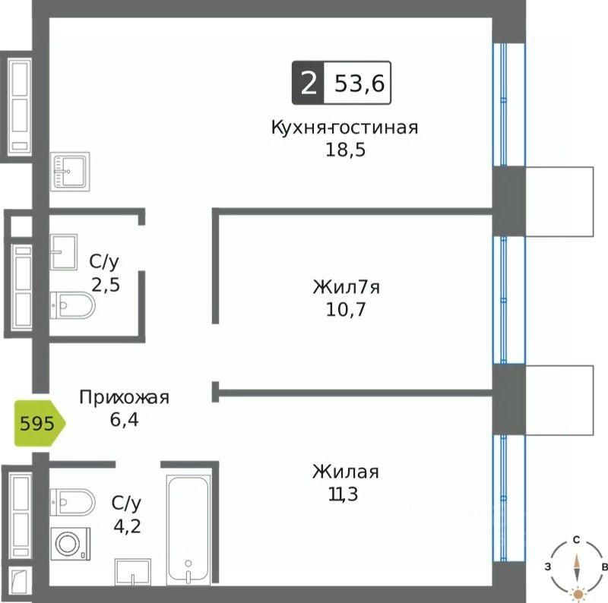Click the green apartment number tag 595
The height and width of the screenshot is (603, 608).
pyautogui.click(x=39, y=423)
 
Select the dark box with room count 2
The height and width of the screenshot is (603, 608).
pyautogui.click(x=308, y=84)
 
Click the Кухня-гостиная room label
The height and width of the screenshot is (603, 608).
pyautogui.click(x=344, y=127)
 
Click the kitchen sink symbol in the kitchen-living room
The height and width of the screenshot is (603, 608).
pyautogui.click(x=71, y=172)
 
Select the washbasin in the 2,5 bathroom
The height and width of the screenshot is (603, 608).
pyautogui.click(x=64, y=251)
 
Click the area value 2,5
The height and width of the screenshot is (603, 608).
pyautogui.click(x=106, y=285)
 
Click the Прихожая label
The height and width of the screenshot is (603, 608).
pyautogui.click(x=125, y=397)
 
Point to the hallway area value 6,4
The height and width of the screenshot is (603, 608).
pyautogui.click(x=125, y=418)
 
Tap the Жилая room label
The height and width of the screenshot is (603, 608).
pyautogui.click(x=345, y=472)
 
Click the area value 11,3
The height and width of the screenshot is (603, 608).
pyautogui.click(x=344, y=494)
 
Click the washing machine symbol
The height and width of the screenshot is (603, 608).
pyautogui.click(x=70, y=545)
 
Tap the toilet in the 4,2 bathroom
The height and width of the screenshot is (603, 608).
pyautogui.click(x=73, y=501)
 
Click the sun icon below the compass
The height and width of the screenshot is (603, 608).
pyautogui.click(x=578, y=592)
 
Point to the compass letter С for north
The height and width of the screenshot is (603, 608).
pyautogui.click(x=578, y=540)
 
